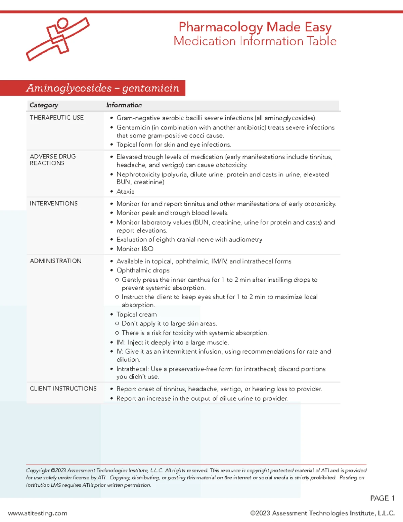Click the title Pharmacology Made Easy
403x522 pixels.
click(255, 27)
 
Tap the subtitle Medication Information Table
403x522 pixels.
click(255, 41)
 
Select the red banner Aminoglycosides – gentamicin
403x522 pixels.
click(102, 88)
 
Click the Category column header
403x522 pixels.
click(44, 105)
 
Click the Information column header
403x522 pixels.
click(124, 105)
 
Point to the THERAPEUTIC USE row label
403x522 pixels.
click(57, 118)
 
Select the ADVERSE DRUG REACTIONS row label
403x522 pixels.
click(53, 160)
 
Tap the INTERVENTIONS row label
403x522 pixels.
click(54, 203)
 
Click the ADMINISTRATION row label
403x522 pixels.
click(56, 261)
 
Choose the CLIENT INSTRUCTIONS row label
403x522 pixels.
click(63, 389)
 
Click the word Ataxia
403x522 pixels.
click(126, 192)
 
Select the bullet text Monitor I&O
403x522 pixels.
click(135, 249)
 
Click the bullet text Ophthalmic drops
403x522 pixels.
click(143, 270)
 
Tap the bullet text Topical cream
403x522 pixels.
click(136, 314)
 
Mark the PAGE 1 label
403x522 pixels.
click(382, 498)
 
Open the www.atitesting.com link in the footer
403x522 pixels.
click(38, 513)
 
